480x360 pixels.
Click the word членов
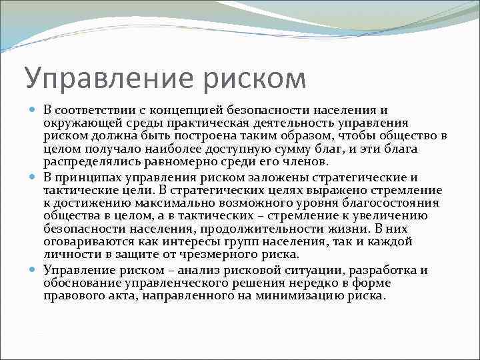click(x=305, y=162)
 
